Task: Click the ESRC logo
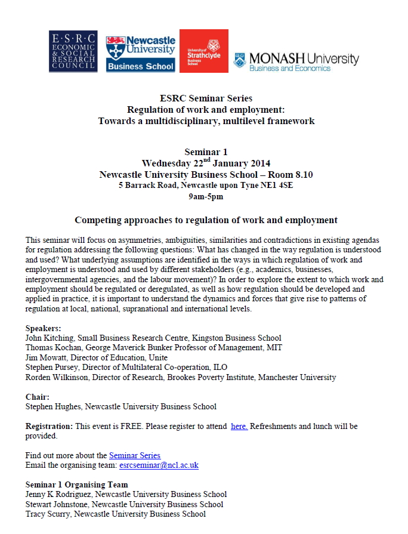click(73, 51)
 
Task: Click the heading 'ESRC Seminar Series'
click(206, 98)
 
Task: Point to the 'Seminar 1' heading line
click(206, 152)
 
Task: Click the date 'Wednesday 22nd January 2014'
click(206, 163)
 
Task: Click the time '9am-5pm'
click(206, 196)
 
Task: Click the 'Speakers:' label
click(43, 328)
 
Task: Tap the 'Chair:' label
click(37, 397)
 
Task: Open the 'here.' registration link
click(239, 427)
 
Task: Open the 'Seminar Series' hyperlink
click(135, 455)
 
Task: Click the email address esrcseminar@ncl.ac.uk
click(159, 465)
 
